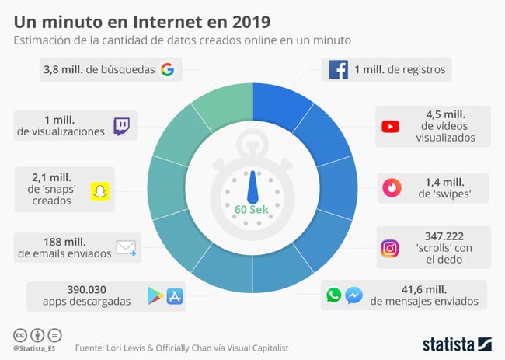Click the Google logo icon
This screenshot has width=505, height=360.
(x=167, y=70)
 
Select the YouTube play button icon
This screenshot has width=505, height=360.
(x=390, y=127)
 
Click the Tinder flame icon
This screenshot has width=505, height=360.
(x=390, y=187)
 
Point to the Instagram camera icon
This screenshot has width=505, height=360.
(x=390, y=248)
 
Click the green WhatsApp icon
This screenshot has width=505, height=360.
(x=334, y=295)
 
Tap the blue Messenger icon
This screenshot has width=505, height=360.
(x=353, y=295)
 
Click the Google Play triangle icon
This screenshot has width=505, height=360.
(x=155, y=295)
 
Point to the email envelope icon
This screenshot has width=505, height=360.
(x=126, y=248)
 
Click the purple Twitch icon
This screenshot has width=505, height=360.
(x=122, y=126)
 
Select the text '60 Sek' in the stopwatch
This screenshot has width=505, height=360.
(x=252, y=210)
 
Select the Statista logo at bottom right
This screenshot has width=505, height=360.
(x=458, y=343)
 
